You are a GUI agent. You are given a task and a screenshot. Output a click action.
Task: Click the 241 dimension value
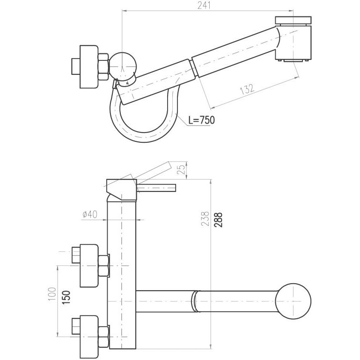pos(204,5)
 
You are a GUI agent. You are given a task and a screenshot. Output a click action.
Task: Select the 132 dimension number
pos(247,89)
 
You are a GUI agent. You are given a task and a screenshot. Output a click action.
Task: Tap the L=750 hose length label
pos(202,120)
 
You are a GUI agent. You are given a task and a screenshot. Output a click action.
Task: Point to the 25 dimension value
pos(181,169)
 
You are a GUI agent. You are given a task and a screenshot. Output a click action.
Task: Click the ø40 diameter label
pos(90,214)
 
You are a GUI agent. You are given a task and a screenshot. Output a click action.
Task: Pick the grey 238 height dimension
pos(206,219)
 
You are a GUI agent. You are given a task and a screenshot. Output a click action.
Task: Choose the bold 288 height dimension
pos(218,220)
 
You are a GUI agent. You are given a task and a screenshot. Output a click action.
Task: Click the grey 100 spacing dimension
pos(52,294)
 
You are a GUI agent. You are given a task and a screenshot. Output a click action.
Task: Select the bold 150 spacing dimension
pos(66,298)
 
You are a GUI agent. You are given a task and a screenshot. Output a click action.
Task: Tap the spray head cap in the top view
pos(293,20)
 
